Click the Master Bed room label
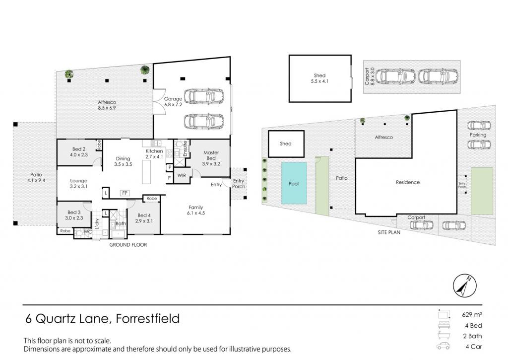pyautogui.click(x=211, y=158)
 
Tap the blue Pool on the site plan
pyautogui.click(x=294, y=183)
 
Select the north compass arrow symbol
pyautogui.click(x=465, y=286)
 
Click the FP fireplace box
pyautogui.click(x=125, y=193)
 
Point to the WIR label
pyautogui.click(x=182, y=175)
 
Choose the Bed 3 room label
pyautogui.click(x=74, y=215)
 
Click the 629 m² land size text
pyautogui.click(x=472, y=315)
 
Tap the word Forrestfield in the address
pyautogui.click(x=148, y=318)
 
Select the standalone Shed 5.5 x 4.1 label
pyautogui.click(x=319, y=78)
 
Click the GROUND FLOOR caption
pyautogui.click(x=128, y=245)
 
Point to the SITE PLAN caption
pyautogui.click(x=389, y=232)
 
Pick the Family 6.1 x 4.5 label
pyautogui.click(x=195, y=210)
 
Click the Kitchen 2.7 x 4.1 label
pyautogui.click(x=154, y=154)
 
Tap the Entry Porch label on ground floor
pyautogui.click(x=239, y=184)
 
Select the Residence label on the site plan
pyautogui.click(x=408, y=182)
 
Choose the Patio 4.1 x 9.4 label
pyautogui.click(x=36, y=177)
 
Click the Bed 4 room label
pyautogui.click(x=144, y=218)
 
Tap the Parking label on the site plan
pyautogui.click(x=478, y=135)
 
